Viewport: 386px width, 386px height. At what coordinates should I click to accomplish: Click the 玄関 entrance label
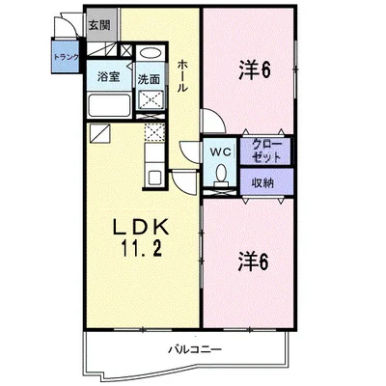pos(99,25)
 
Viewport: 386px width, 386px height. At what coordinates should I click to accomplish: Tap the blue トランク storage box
pos(66,55)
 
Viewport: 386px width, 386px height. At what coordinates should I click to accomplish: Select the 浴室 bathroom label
pos(109,77)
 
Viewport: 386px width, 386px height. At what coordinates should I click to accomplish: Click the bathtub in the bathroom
pos(109,105)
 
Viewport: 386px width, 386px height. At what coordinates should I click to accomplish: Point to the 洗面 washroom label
pos(149,79)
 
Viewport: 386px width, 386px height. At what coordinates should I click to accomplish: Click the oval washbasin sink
pos(152,53)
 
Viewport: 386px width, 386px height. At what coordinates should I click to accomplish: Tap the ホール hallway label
pos(182,76)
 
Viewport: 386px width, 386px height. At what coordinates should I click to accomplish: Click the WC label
pos(221,152)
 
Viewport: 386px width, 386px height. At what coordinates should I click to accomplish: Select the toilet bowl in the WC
pos(221,176)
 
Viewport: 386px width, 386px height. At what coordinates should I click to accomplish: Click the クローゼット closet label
pos(266,151)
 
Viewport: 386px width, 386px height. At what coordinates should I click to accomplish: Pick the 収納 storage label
pos(262,182)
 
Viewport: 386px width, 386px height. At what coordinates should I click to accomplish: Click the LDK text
pos(141,228)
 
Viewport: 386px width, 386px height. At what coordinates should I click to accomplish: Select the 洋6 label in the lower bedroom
pos(253,262)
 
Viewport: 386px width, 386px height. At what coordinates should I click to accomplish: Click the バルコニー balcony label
pos(195,349)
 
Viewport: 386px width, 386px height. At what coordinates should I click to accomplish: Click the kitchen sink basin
pos(155,178)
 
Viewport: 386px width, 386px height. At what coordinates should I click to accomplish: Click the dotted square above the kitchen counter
pos(154,132)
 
